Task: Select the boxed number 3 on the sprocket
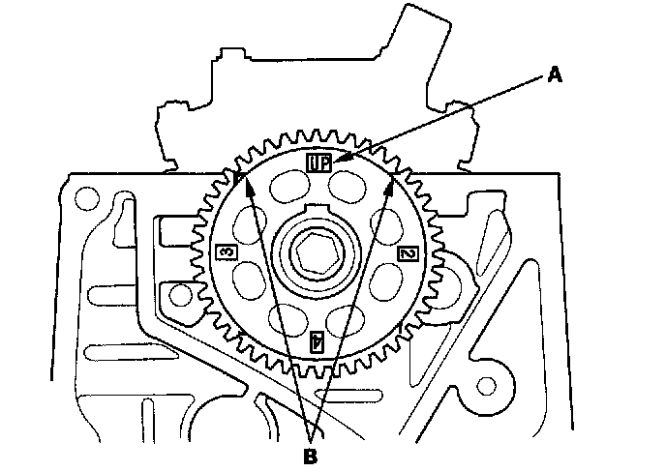pyautogui.click(x=225, y=252)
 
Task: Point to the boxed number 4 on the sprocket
pyautogui.click(x=316, y=340)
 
